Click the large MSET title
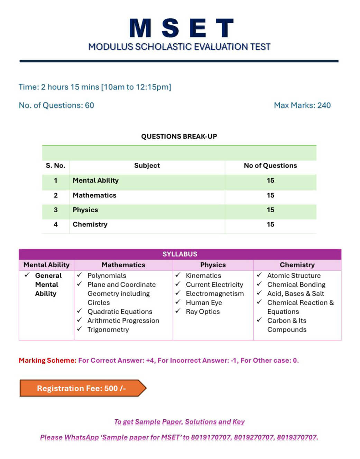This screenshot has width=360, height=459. [181, 28]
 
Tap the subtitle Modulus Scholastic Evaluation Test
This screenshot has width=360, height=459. [179, 47]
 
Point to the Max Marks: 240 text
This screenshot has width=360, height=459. [302, 105]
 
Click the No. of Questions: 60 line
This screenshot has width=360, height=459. [56, 105]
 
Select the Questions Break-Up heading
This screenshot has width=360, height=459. [179, 136]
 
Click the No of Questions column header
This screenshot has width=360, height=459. [270, 165]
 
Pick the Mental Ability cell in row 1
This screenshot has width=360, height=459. [95, 180]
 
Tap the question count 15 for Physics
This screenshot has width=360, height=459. [270, 210]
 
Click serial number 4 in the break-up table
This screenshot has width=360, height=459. [56, 224]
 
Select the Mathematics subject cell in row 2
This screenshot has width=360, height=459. [94, 195]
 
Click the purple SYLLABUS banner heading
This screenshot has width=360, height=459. [180, 254]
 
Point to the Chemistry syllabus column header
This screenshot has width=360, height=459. [297, 265]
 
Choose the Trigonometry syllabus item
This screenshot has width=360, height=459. [108, 330]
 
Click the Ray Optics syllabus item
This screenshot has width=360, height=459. [203, 312]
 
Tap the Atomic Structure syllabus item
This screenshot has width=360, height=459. [294, 276]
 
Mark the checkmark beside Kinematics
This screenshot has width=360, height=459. [178, 275]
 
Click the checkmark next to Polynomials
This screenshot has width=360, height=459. [80, 275]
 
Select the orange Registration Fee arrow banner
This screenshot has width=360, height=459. [83, 388]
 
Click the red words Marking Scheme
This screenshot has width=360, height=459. [47, 360]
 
